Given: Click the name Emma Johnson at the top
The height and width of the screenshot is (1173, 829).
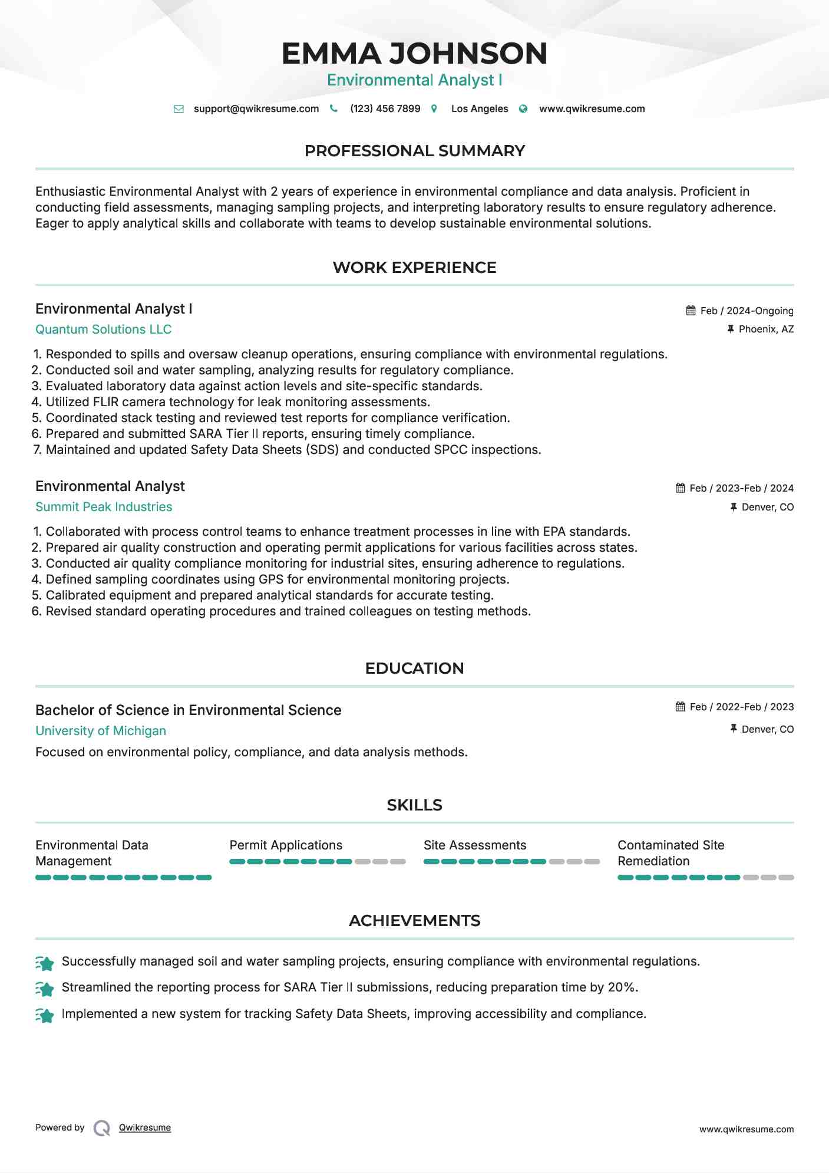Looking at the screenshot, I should pos(414,54).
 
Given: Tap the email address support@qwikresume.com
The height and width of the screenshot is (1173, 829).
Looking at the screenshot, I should pos(256,108).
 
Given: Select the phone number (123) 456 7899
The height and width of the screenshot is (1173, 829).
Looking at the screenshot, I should pos(385,108).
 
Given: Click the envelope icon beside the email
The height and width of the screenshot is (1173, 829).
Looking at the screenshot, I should pos(179,108).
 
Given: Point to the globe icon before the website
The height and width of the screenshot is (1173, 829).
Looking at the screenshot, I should pos(523,108).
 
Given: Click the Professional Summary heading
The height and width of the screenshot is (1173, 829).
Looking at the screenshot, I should pos(414,151).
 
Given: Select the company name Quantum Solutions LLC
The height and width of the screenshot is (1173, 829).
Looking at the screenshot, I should pos(104,330).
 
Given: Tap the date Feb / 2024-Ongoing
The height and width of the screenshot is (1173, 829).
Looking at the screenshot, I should pos(747,311).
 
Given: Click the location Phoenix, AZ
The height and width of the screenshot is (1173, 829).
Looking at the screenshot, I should pos(766,329).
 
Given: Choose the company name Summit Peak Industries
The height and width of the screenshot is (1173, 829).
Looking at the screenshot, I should pos(104,507).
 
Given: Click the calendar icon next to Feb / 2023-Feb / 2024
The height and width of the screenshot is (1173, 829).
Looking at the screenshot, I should pos(681,488).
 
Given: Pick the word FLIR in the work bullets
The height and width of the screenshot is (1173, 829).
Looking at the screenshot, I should pos(106,402).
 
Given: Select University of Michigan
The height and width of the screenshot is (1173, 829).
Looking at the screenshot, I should pos(101,731).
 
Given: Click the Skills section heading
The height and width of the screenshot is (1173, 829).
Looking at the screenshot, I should pos(414,805).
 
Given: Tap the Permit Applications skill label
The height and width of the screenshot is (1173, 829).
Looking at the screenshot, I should pos(286,845).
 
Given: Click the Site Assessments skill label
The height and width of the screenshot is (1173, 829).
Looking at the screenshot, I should pos(475,845).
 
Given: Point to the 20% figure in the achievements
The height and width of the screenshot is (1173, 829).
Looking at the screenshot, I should pos(622,987).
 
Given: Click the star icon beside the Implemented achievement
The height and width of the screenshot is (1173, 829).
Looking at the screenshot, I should pos(45,1015).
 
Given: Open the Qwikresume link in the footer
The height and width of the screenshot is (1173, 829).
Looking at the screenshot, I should pos(145,1128).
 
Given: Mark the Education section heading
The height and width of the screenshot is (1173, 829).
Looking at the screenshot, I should pos(414,668).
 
